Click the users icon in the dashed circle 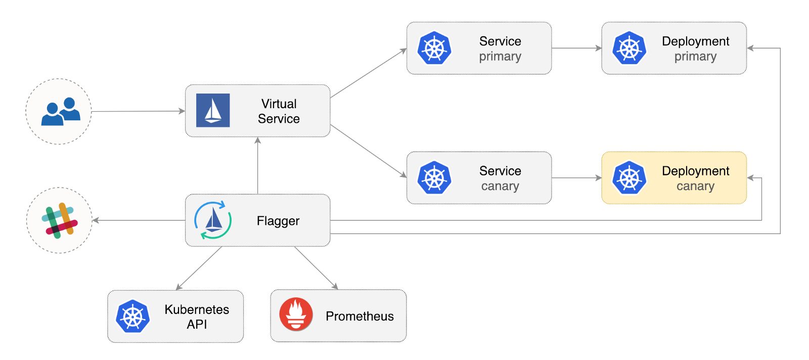click(x=60, y=112)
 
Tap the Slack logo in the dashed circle click(x=60, y=220)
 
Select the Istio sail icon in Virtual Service click(x=213, y=110)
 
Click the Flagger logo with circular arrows click(x=213, y=220)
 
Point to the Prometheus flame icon click(x=296, y=314)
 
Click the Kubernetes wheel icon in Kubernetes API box click(x=133, y=317)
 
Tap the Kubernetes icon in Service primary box click(x=434, y=49)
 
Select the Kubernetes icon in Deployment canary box click(x=630, y=178)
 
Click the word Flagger click(x=278, y=221)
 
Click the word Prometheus click(x=359, y=316)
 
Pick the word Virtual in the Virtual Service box click(x=279, y=104)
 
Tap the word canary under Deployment click(x=695, y=186)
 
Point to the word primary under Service click(x=500, y=56)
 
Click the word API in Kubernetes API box click(x=197, y=324)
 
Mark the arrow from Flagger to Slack click(x=139, y=220)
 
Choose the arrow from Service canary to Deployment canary click(x=576, y=178)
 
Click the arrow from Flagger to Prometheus click(x=316, y=268)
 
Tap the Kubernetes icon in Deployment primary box click(x=630, y=49)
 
